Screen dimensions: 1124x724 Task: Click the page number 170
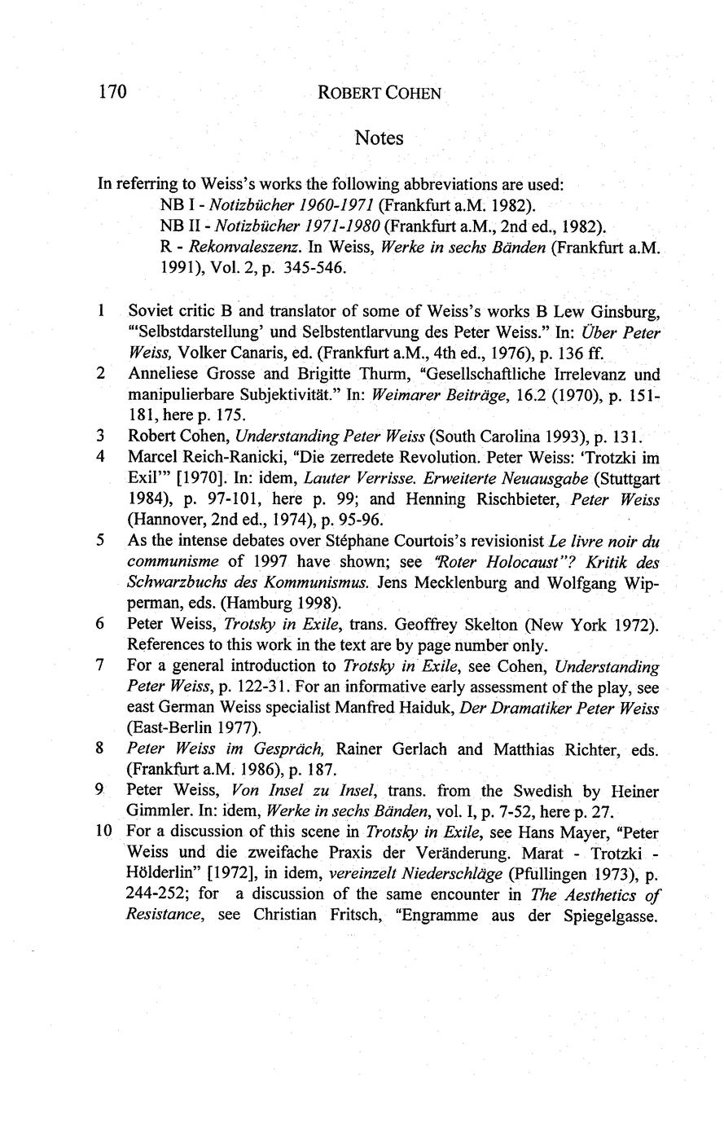pos(112,91)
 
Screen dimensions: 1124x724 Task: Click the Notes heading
pos(379,138)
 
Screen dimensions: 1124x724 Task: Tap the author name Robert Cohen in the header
pos(380,93)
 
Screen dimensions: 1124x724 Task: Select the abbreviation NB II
pos(177,224)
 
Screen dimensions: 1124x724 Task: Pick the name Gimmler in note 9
pos(158,812)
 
